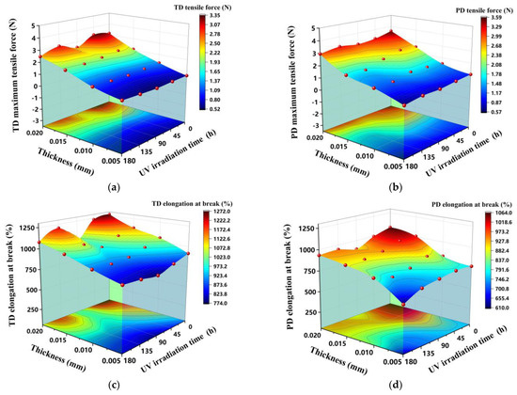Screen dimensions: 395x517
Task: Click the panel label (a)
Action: pyautogui.click(x=114, y=187)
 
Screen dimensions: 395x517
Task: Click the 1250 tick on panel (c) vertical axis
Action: pyautogui.click(x=23, y=229)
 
